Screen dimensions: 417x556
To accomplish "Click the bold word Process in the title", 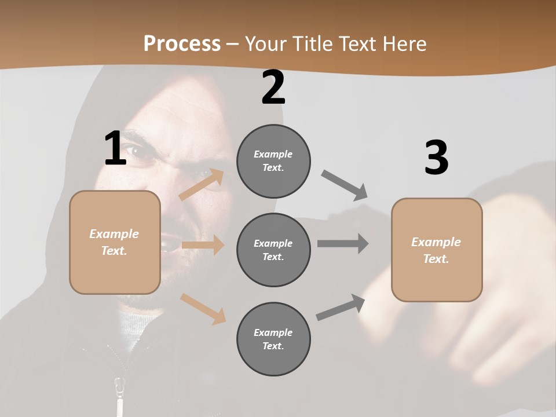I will point(182,43).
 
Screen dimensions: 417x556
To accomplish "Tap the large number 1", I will point(115,148).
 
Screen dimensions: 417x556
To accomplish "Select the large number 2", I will point(273,87).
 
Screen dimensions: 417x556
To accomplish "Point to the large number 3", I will point(436,158).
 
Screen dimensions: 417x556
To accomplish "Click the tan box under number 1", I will point(115,242).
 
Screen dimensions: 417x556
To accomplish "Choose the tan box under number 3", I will point(437,250).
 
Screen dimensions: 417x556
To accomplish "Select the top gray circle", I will point(273,161).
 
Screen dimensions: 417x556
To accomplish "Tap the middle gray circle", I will point(273,250).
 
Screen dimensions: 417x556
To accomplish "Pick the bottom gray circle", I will point(273,339).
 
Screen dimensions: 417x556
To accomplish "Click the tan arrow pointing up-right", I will point(201,185).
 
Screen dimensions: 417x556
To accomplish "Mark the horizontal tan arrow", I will point(203,245).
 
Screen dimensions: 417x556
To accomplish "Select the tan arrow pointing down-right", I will point(203,309).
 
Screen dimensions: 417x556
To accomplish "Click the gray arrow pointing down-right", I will point(345,185).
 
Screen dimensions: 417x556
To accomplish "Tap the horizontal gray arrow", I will point(342,243).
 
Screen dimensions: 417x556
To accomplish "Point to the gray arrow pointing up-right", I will point(341,308).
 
